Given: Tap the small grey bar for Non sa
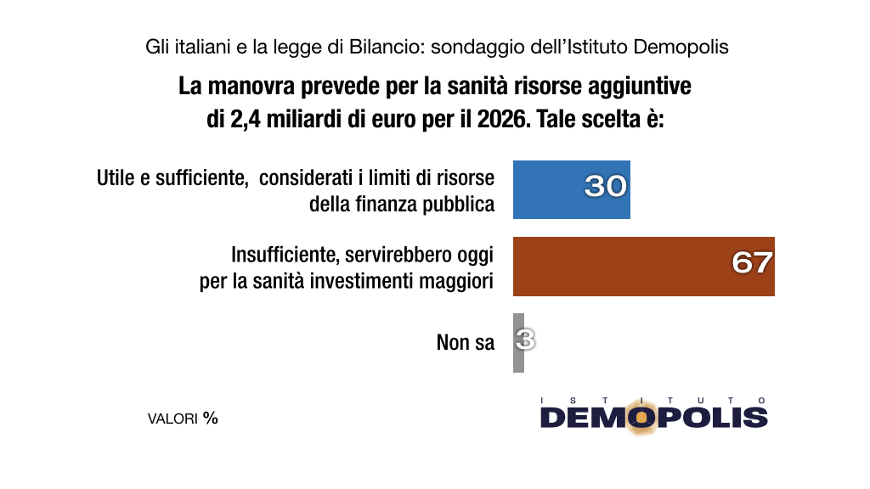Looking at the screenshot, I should [x=518, y=343].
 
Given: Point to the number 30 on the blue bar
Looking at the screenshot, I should [x=605, y=186].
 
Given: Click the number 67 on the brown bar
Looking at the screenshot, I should [x=752, y=263].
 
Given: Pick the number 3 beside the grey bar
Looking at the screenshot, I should [x=526, y=340].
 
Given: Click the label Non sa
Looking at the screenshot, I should [x=465, y=343].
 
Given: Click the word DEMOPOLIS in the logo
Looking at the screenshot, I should [x=653, y=417].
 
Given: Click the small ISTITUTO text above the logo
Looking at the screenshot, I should [x=653, y=399].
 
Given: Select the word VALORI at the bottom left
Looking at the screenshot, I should [x=172, y=419].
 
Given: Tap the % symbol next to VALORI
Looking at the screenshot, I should [x=211, y=418].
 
